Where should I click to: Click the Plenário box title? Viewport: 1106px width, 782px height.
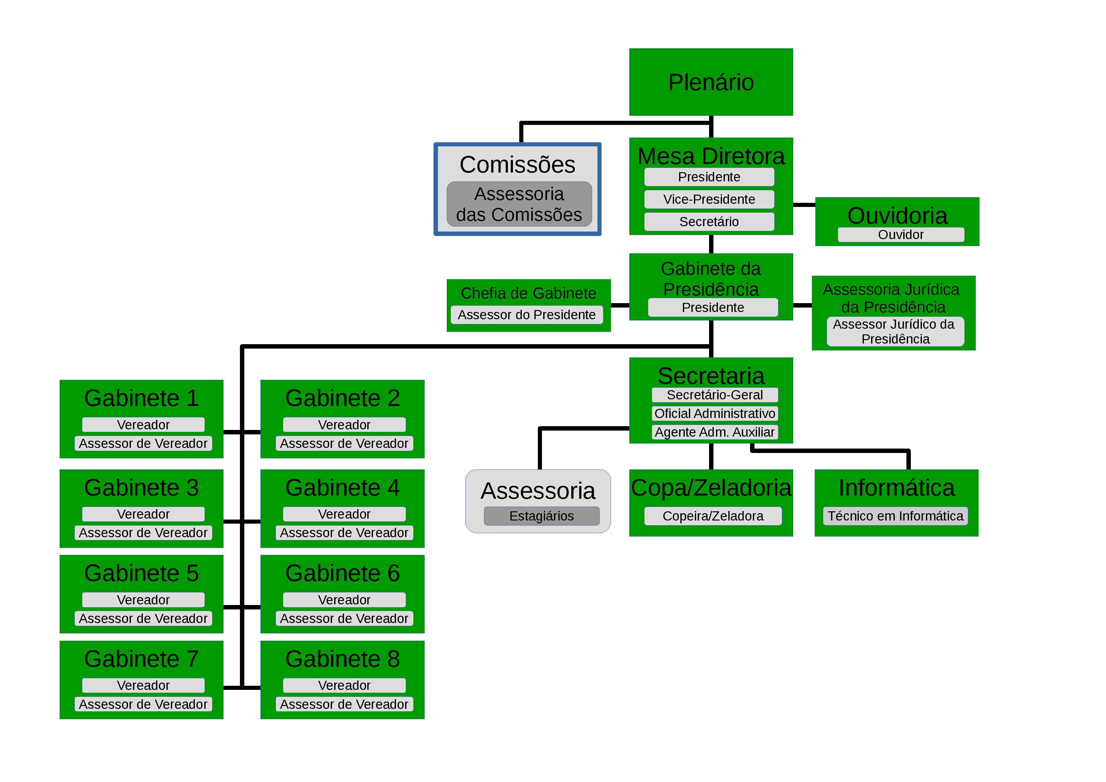[x=711, y=82]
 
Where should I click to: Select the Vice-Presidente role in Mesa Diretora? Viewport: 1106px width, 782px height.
[x=709, y=199]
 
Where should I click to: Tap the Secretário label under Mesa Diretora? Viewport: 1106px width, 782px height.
[x=709, y=222]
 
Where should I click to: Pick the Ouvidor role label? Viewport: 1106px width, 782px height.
[x=900, y=235]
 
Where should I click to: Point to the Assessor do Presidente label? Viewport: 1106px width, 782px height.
[x=527, y=315]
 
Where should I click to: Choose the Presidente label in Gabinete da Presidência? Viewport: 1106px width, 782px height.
[x=713, y=307]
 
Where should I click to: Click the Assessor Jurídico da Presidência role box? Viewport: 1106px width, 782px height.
[x=895, y=332]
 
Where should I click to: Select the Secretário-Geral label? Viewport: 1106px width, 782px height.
[x=714, y=395]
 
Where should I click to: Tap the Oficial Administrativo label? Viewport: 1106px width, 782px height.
[x=714, y=414]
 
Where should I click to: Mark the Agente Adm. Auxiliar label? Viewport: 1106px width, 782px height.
[x=714, y=432]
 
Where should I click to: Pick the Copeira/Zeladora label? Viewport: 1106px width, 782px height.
[x=713, y=516]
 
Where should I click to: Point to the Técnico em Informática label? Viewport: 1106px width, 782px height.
[x=895, y=516]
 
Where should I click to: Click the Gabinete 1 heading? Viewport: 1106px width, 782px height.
[x=141, y=398]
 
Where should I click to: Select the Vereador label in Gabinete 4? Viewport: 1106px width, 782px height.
[x=344, y=514]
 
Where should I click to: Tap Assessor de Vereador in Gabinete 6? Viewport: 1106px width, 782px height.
[x=344, y=618]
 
